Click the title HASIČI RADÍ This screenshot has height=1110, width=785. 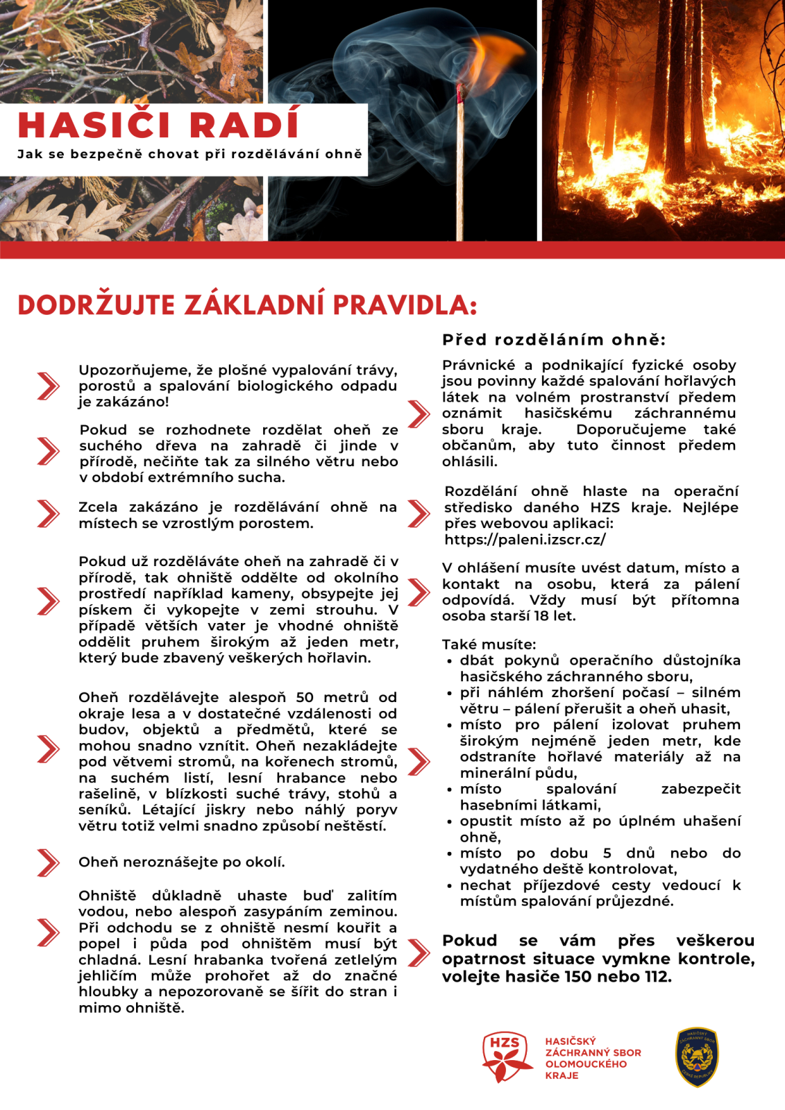158,126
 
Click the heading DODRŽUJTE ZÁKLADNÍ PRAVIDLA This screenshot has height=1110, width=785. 247,305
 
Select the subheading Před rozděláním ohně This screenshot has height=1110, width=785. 553,340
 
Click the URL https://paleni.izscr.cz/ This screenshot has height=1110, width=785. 525,540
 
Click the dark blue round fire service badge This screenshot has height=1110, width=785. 697,1057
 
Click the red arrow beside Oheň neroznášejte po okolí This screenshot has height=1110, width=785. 48,862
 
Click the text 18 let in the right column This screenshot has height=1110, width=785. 555,616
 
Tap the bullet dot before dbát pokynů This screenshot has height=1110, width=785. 450,662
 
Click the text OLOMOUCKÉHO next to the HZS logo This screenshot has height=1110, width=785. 586,1064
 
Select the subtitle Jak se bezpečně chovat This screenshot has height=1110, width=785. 189,154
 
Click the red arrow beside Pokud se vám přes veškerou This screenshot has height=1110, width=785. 419,953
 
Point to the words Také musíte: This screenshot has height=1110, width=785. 489,644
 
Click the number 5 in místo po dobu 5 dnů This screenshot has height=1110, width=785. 607,853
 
